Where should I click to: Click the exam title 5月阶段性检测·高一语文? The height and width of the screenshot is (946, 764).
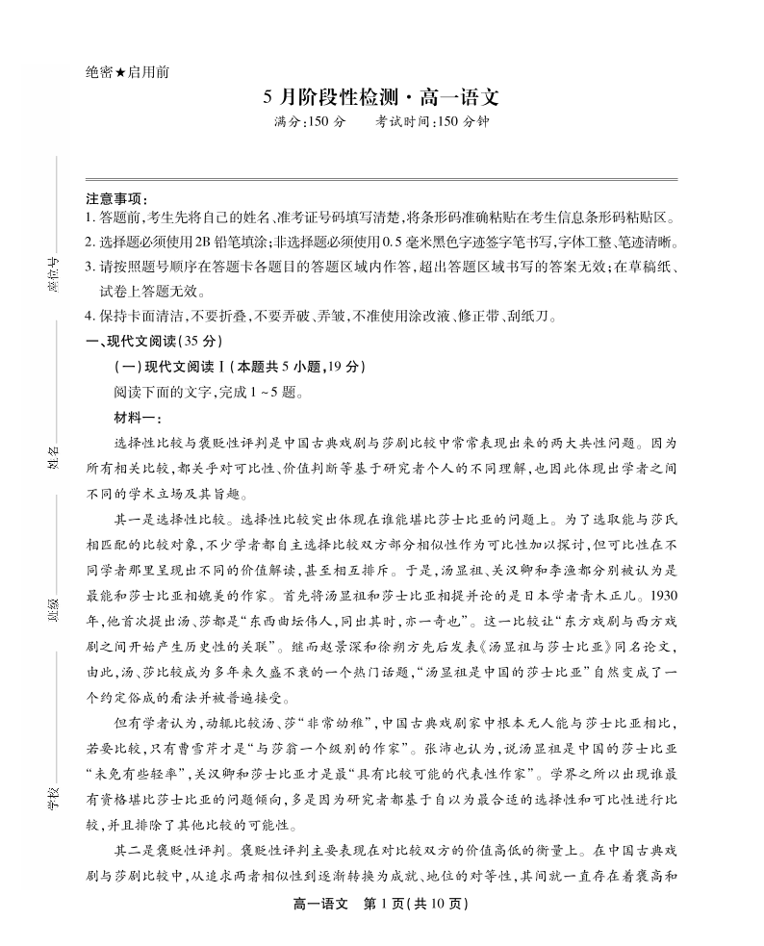click(x=382, y=98)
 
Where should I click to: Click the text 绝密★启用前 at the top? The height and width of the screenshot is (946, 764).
click(x=127, y=72)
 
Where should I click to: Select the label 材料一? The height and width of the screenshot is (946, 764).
click(x=139, y=417)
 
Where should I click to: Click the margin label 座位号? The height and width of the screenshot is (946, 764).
click(x=54, y=273)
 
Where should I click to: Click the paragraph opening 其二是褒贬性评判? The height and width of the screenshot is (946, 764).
click(x=169, y=852)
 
